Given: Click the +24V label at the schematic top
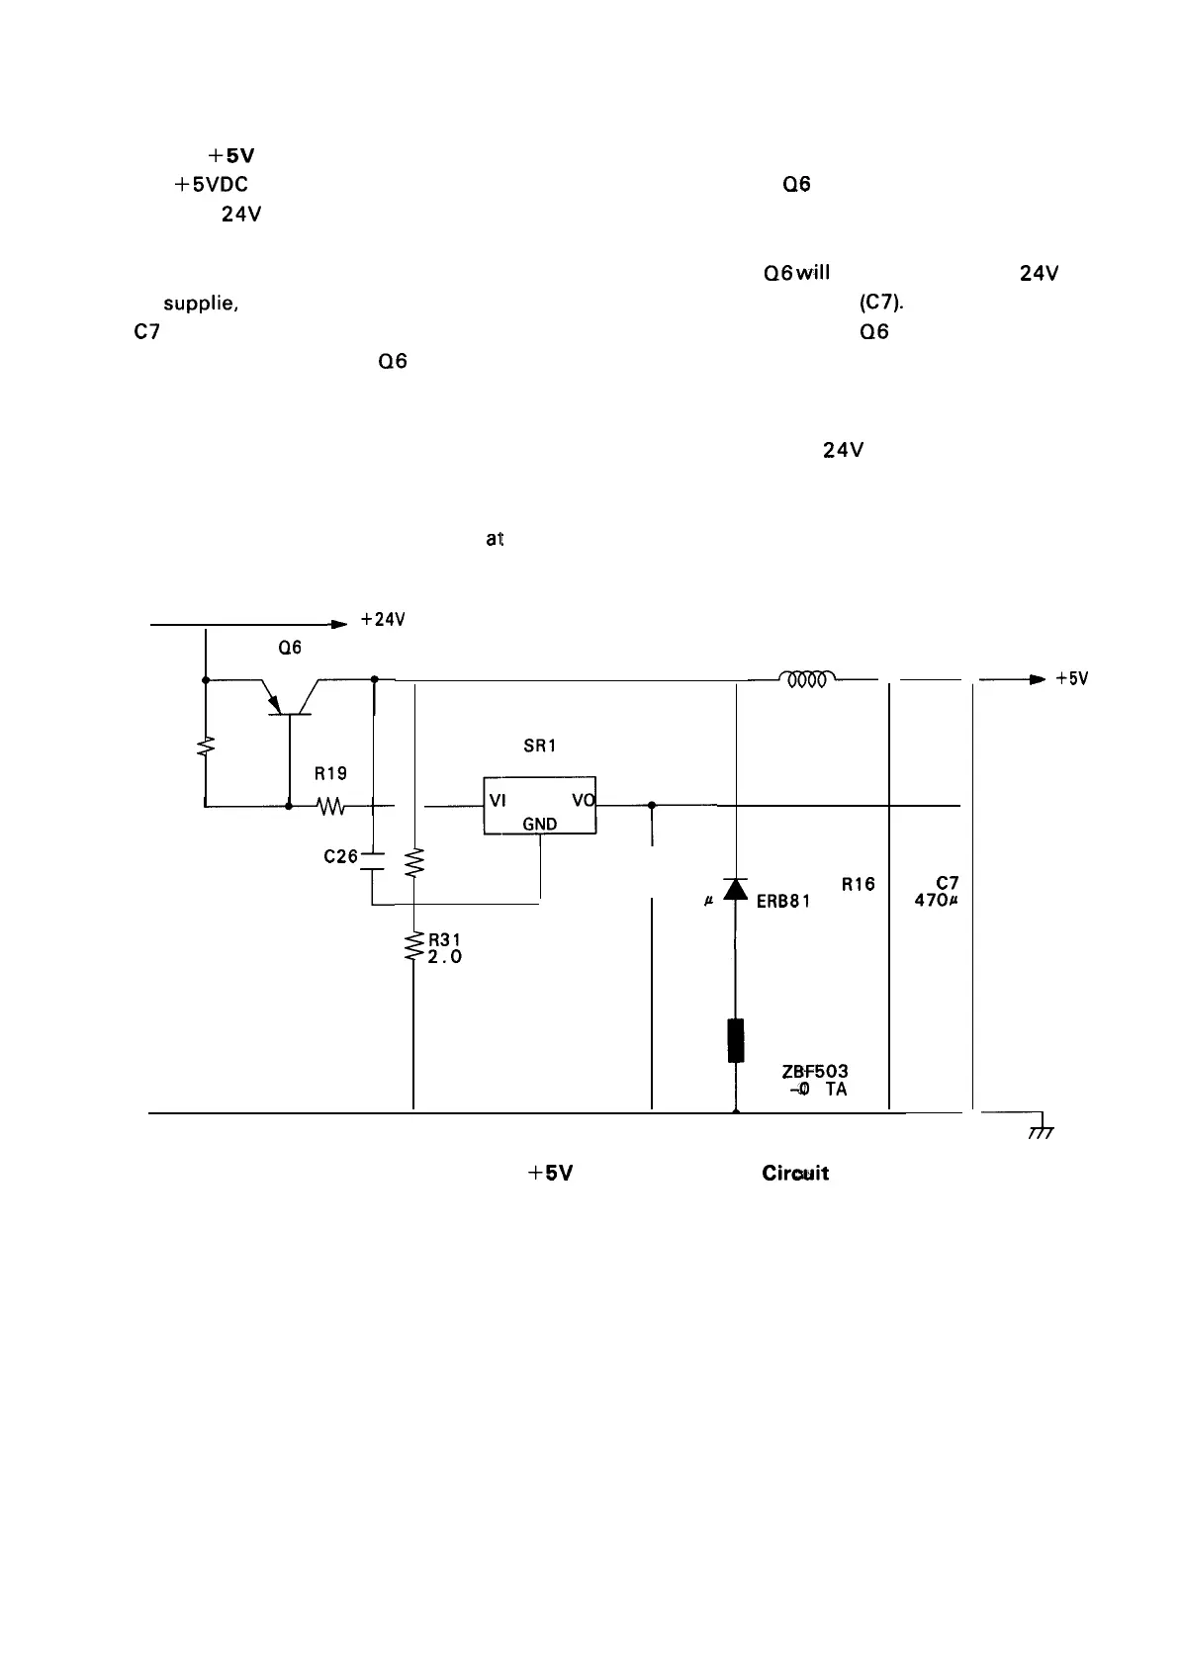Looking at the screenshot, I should tap(384, 620).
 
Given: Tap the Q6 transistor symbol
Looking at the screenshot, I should tap(289, 699).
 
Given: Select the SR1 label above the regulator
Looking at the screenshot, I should tap(539, 747).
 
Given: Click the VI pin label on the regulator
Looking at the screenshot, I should tap(499, 803).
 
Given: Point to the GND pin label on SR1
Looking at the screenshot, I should tap(539, 824).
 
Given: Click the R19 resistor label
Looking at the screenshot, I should tap(330, 773).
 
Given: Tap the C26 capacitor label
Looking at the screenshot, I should tap(340, 856).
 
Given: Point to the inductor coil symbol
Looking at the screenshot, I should tap(808, 678).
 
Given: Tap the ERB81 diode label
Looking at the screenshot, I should tap(783, 901).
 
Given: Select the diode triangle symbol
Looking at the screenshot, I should tap(735, 889).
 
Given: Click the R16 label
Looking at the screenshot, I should tap(859, 884).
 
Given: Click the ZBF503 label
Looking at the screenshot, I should tap(815, 1071).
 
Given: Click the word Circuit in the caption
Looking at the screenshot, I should tap(795, 1173).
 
